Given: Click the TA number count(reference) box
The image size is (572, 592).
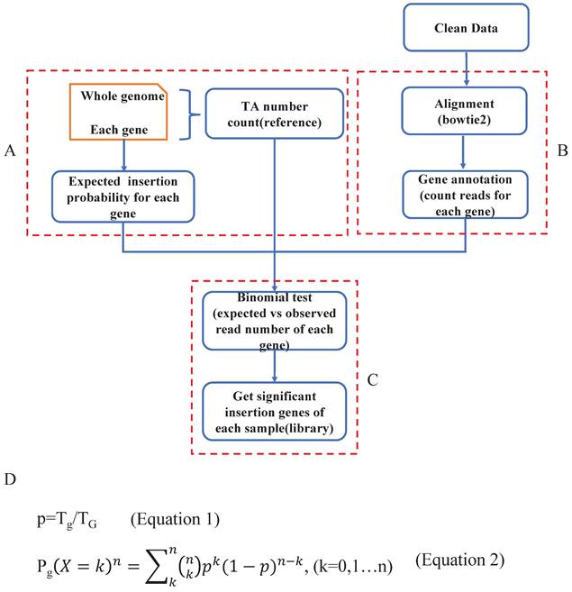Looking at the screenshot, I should [275, 112].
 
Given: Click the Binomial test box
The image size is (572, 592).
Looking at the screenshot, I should [274, 320].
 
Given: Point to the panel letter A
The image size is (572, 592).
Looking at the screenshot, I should [10, 151].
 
